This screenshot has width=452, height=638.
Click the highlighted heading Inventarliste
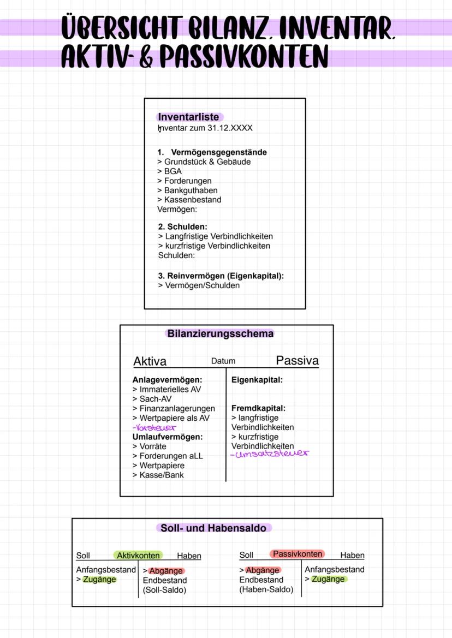(188, 117)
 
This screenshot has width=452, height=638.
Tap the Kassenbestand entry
(192, 200)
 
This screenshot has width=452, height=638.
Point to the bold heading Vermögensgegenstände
(218, 152)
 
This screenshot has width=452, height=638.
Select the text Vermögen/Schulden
(202, 285)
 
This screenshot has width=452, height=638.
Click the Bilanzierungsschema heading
(221, 333)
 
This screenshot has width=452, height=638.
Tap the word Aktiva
(150, 361)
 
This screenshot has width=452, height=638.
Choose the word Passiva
(297, 360)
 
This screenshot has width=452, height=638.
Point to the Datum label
(223, 361)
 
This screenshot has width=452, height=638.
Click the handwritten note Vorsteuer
(150, 428)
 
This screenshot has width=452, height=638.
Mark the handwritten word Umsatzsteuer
(269, 454)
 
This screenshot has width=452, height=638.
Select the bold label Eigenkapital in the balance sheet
(257, 380)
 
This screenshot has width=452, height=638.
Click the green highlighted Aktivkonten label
(138, 556)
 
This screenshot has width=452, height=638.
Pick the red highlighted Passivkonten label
(298, 554)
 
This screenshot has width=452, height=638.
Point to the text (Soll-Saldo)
(164, 590)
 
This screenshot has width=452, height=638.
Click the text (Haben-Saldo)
(266, 589)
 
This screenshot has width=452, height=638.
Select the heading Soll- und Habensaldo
(213, 528)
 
